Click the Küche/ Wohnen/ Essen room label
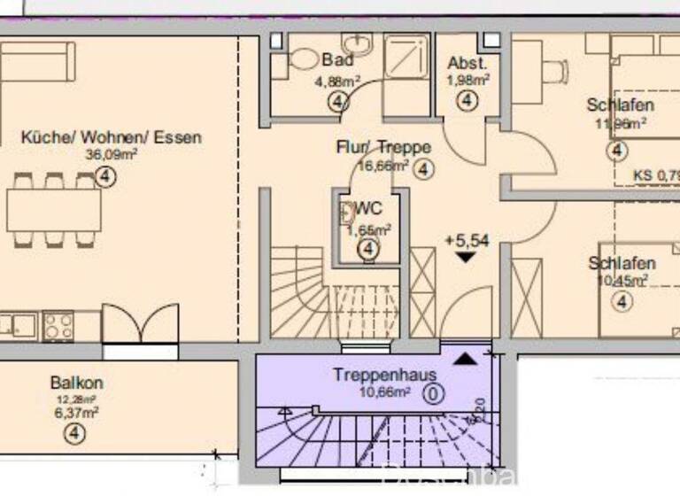point(112,137)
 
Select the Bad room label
point(337,60)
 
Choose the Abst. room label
point(467,63)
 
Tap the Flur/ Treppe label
point(383,147)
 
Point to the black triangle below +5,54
point(466,257)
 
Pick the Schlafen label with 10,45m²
point(622,263)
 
